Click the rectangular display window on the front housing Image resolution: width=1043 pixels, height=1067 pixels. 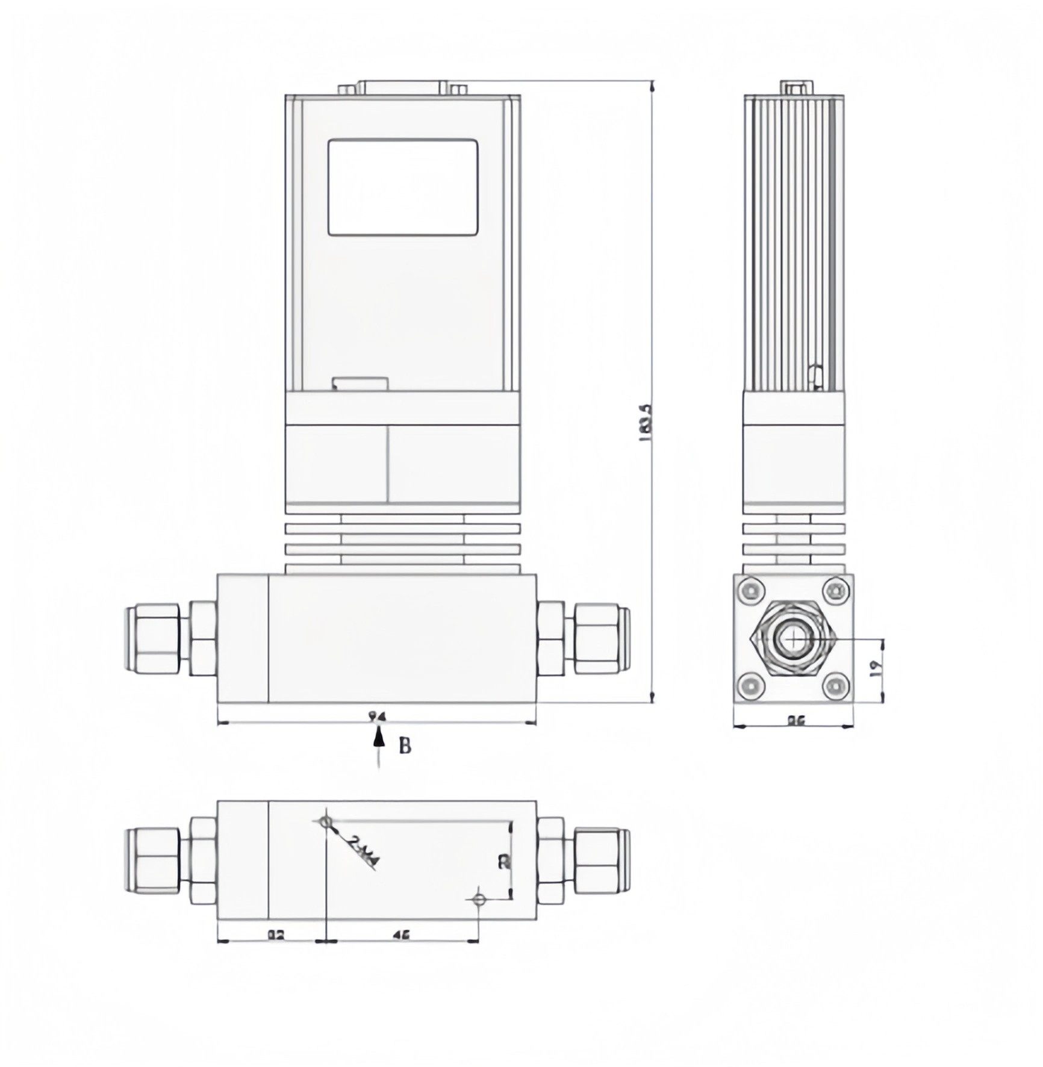coord(402,187)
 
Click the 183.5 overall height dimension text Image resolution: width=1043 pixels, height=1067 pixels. coord(644,423)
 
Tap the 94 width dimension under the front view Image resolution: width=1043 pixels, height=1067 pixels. coord(377,717)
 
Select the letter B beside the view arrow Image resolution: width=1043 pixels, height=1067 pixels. coord(405,746)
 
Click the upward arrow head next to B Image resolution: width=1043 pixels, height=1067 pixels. coord(378,737)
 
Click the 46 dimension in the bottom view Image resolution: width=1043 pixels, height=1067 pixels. coord(401,935)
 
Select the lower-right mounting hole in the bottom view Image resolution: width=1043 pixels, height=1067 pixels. coord(479,900)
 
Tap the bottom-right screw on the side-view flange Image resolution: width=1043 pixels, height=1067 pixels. coord(836,686)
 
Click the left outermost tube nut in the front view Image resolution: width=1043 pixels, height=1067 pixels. coord(153,639)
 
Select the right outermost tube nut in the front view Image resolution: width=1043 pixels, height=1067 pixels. coord(601,639)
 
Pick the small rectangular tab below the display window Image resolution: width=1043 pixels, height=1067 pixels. coord(360,384)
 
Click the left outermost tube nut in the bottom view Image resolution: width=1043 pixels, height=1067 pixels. coord(153,860)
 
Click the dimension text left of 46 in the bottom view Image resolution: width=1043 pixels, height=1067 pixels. coord(275,935)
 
